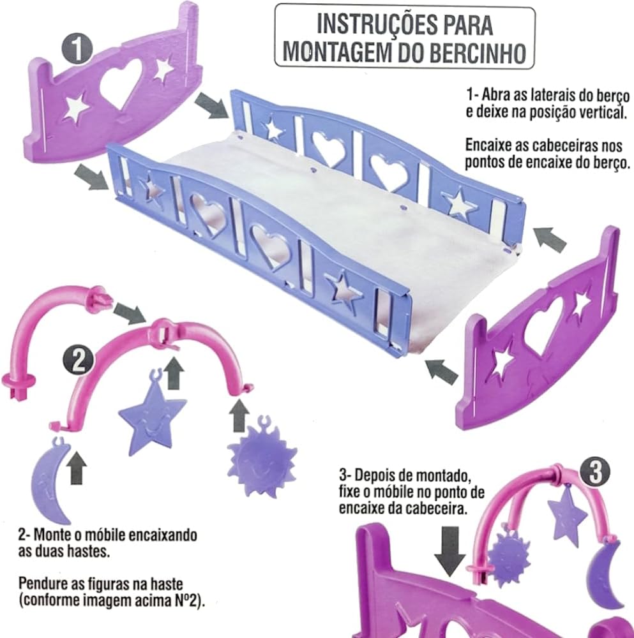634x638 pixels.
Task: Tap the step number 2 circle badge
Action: [x=78, y=360]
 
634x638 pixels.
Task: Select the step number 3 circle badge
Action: [x=594, y=471]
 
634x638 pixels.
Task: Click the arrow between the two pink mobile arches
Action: [x=129, y=314]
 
